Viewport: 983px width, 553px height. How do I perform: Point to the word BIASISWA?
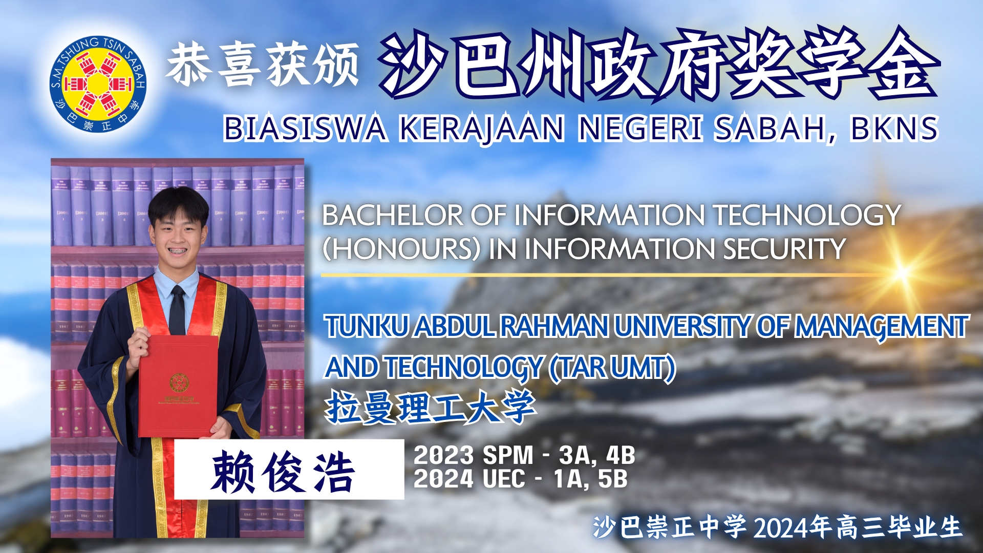[305, 128]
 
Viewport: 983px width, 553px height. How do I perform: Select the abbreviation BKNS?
[894, 128]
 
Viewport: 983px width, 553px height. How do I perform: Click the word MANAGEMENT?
[881, 327]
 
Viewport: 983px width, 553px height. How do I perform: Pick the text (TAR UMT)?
[612, 368]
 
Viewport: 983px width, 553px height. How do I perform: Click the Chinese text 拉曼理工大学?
[431, 408]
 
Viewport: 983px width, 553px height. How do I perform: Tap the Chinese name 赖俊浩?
[283, 472]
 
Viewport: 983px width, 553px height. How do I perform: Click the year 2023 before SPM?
[444, 455]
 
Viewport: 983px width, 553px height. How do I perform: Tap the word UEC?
[504, 479]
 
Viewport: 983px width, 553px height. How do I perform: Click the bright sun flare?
[902, 272]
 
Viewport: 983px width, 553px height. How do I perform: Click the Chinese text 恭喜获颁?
[262, 66]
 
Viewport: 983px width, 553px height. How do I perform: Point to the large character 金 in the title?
[902, 63]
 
